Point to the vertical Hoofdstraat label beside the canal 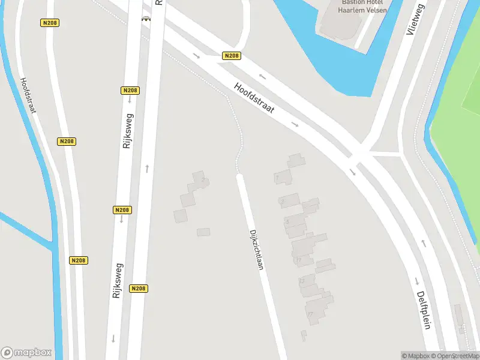[28, 95]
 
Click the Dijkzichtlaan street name [256, 249]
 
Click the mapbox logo [26, 353]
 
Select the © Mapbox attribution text [415, 356]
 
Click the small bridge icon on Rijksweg [145, 19]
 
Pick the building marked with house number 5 [288, 222]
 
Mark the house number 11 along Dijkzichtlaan [298, 259]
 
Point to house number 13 [302, 280]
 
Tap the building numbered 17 [310, 314]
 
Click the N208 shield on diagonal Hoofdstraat [231, 56]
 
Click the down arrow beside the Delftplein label [415, 281]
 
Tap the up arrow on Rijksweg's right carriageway [146, 169]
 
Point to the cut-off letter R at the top [159, 2]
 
